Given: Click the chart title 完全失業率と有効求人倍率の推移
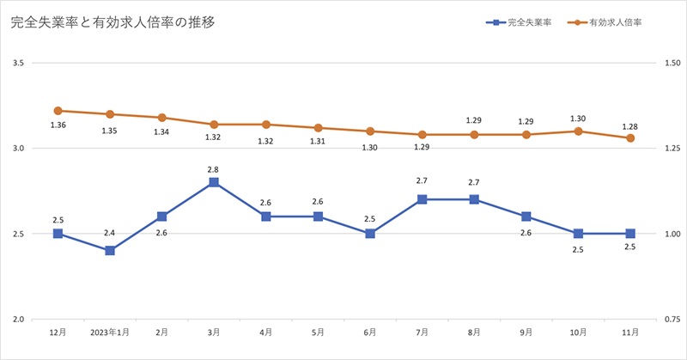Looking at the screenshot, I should pyautogui.click(x=112, y=23).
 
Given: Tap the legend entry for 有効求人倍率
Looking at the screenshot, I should pyautogui.click(x=615, y=23).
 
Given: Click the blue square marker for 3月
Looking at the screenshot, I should pyautogui.click(x=214, y=182).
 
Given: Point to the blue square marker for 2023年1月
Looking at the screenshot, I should pyautogui.click(x=110, y=251).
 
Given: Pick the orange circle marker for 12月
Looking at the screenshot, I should pyautogui.click(x=58, y=111).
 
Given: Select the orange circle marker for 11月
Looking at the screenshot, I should pyautogui.click(x=630, y=138).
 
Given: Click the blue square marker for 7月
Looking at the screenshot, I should pyautogui.click(x=423, y=199).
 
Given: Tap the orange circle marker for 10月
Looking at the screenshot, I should pyautogui.click(x=578, y=131).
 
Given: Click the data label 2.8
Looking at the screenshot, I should pyautogui.click(x=214, y=169).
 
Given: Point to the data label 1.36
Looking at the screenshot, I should pyautogui.click(x=58, y=125).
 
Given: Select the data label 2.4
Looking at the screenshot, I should pyautogui.click(x=110, y=233).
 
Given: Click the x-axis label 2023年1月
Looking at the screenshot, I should pyautogui.click(x=110, y=331).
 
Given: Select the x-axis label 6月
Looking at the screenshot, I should pyautogui.click(x=370, y=331).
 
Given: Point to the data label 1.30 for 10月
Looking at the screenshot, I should pyautogui.click(x=578, y=119).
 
